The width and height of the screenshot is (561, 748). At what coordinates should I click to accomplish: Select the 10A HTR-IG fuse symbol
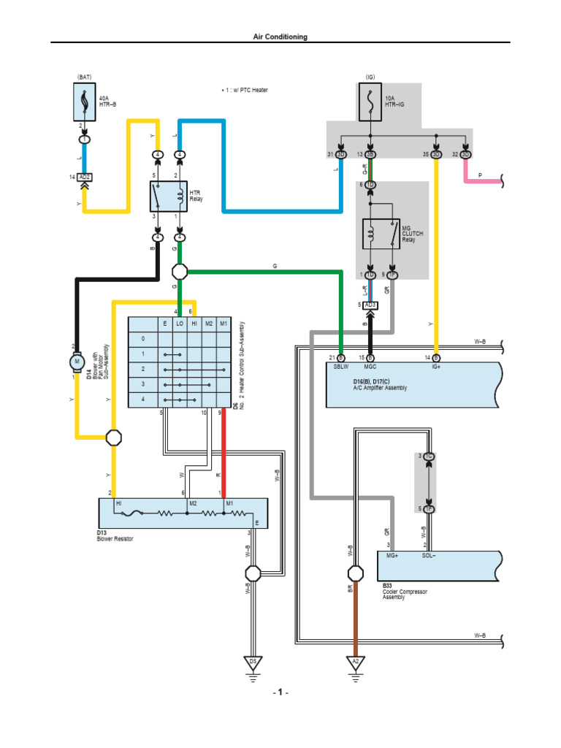[371, 102]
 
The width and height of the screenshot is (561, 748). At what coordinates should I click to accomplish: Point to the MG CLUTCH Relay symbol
[382, 234]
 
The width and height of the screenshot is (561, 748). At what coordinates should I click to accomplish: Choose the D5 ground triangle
[253, 663]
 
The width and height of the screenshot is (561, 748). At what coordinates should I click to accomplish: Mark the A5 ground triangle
[355, 663]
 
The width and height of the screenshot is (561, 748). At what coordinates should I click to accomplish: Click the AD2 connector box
[85, 178]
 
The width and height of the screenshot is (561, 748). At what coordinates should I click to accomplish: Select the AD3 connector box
[370, 305]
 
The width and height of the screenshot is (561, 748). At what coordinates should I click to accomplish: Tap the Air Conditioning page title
[280, 37]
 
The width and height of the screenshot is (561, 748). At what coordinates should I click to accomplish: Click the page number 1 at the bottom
[280, 692]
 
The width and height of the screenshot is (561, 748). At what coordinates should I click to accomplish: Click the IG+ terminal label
[436, 367]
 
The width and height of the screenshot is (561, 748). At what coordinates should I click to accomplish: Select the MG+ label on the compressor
[392, 557]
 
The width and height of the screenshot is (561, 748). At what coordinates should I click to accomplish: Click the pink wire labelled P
[482, 179]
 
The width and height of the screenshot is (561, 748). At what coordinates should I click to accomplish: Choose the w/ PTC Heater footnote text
[245, 90]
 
